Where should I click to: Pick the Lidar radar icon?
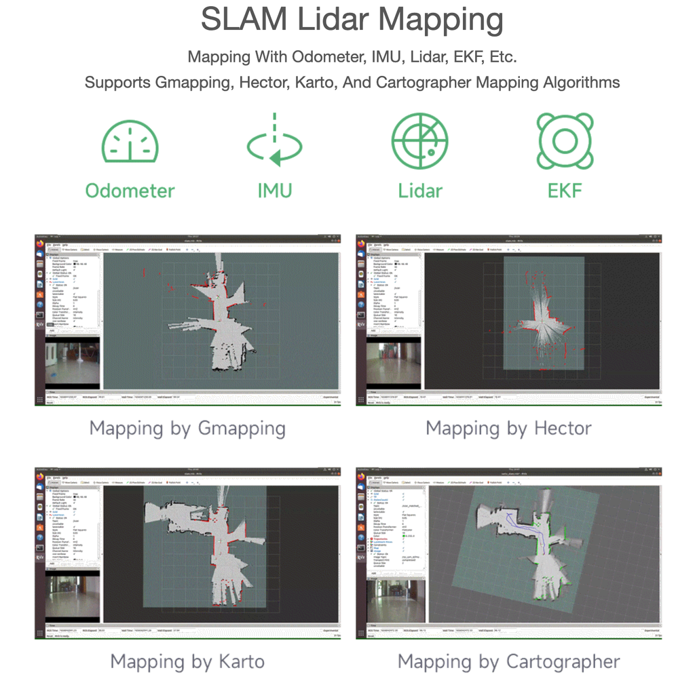[x=419, y=140]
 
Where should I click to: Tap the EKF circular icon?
[x=565, y=140]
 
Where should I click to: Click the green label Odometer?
[x=130, y=191]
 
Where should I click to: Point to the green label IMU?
[x=274, y=191]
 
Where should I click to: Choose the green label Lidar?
[x=419, y=191]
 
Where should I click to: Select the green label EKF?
[x=565, y=191]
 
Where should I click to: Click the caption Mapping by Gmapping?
[x=187, y=429]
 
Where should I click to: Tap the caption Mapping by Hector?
[x=508, y=429]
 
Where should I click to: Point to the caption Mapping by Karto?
[x=187, y=661]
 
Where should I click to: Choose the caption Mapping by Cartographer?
[x=508, y=661]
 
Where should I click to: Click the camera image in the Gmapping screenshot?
[x=73, y=364]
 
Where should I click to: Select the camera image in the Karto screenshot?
[x=73, y=598]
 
